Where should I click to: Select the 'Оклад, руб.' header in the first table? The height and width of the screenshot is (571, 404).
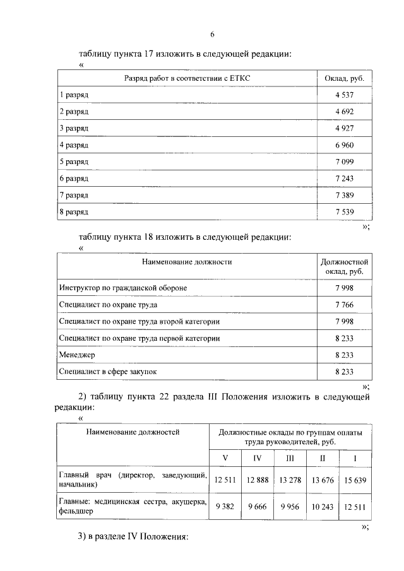pyautogui.click(x=344, y=78)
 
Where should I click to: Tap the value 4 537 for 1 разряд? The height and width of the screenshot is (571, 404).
pyautogui.click(x=344, y=95)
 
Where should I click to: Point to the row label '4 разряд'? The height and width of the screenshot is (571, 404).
pyautogui.click(x=74, y=145)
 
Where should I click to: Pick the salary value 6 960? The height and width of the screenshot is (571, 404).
pyautogui.click(x=344, y=145)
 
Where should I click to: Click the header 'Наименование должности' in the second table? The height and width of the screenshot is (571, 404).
pyautogui.click(x=187, y=261)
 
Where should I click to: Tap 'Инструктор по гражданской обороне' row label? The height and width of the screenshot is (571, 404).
pyautogui.click(x=123, y=288)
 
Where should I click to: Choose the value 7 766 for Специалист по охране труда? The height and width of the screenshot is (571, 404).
pyautogui.click(x=344, y=305)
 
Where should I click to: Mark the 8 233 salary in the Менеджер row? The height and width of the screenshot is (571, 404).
pyautogui.click(x=344, y=355)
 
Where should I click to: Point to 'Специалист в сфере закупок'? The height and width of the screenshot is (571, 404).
pyautogui.click(x=107, y=372)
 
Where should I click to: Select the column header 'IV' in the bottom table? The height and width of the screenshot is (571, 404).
pyautogui.click(x=257, y=457)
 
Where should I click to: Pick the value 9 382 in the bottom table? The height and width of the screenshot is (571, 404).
pyautogui.click(x=225, y=505)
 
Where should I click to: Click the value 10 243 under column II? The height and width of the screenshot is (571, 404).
pyautogui.click(x=322, y=505)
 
